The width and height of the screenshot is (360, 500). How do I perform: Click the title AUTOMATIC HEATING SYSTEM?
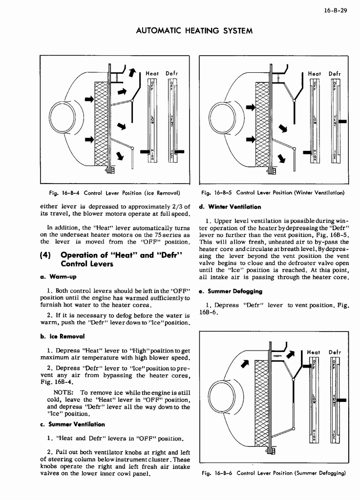194,31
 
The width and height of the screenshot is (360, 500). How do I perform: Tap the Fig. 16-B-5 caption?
273,192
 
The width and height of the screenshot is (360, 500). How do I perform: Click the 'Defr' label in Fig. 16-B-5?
335,73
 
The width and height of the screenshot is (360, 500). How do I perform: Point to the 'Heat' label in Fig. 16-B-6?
313,352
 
